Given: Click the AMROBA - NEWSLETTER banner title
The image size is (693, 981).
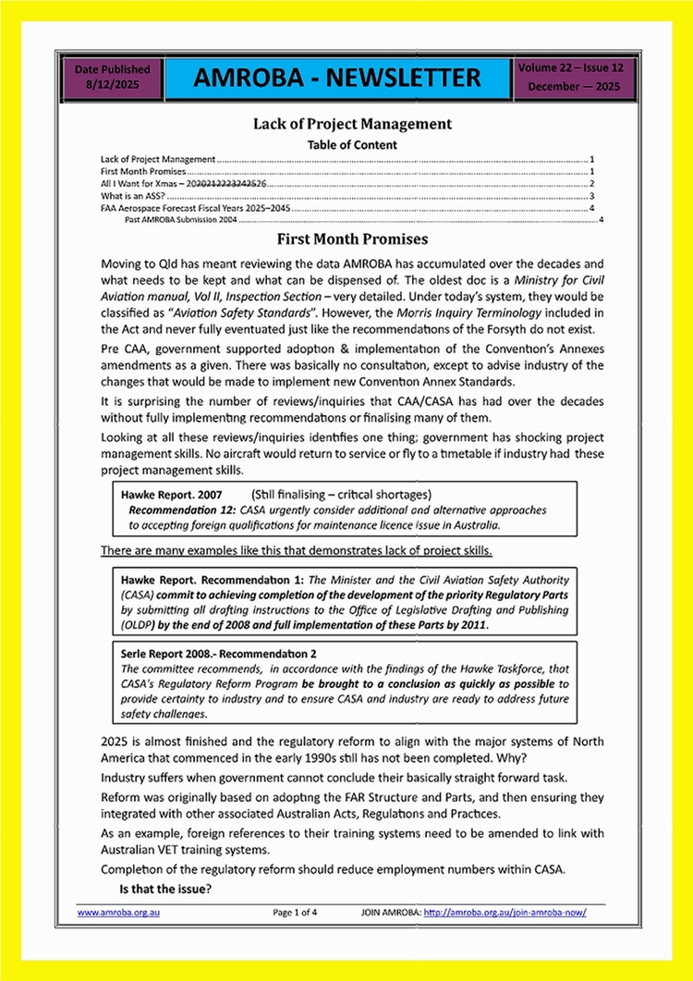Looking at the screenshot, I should [337, 79].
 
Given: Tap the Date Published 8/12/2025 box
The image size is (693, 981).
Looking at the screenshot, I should [112, 77].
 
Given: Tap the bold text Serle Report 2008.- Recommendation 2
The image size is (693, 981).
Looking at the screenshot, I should [219, 653].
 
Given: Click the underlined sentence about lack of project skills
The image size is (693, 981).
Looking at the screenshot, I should [296, 551].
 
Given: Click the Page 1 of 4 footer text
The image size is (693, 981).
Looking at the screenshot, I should [296, 913].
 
